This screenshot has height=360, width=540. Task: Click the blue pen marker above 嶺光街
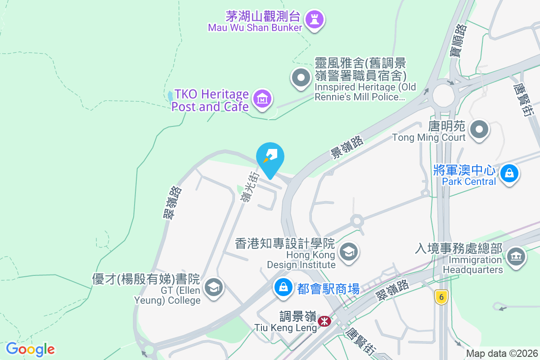pos(270,157)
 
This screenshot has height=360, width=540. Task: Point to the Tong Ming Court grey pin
pos(479,130)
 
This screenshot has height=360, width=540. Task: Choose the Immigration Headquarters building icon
pos(515,257)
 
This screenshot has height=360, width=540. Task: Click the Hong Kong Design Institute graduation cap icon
pos(348,252)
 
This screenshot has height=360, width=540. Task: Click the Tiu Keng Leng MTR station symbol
pos(324,321)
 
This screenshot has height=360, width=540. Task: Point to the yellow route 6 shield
pos(441,297)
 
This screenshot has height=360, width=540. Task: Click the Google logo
pos(31,349)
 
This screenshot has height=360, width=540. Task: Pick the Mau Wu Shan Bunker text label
pos(255,27)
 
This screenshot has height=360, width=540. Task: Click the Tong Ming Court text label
pos(428,137)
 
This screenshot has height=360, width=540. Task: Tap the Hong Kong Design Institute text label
pos(301,260)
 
